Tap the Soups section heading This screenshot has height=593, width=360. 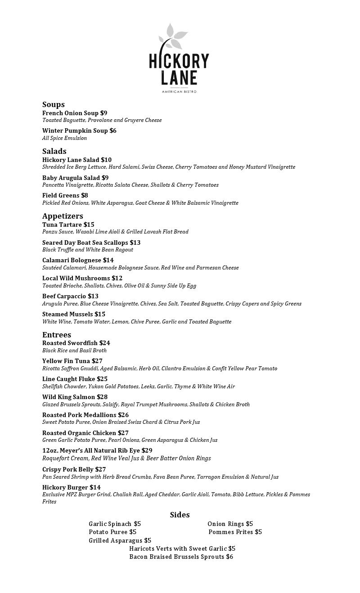54,105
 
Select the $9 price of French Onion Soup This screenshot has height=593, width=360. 103,113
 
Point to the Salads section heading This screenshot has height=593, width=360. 54,151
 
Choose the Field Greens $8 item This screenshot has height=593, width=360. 65,195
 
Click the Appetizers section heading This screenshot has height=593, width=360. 63,216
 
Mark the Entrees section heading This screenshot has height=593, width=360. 57,335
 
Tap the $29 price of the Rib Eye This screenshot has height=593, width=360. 147,450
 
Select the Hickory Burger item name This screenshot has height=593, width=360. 65,487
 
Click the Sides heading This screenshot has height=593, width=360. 180,515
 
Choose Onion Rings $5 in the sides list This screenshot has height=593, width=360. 230,524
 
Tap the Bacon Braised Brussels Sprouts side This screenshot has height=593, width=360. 181,557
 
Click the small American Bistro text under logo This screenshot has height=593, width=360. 179,92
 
